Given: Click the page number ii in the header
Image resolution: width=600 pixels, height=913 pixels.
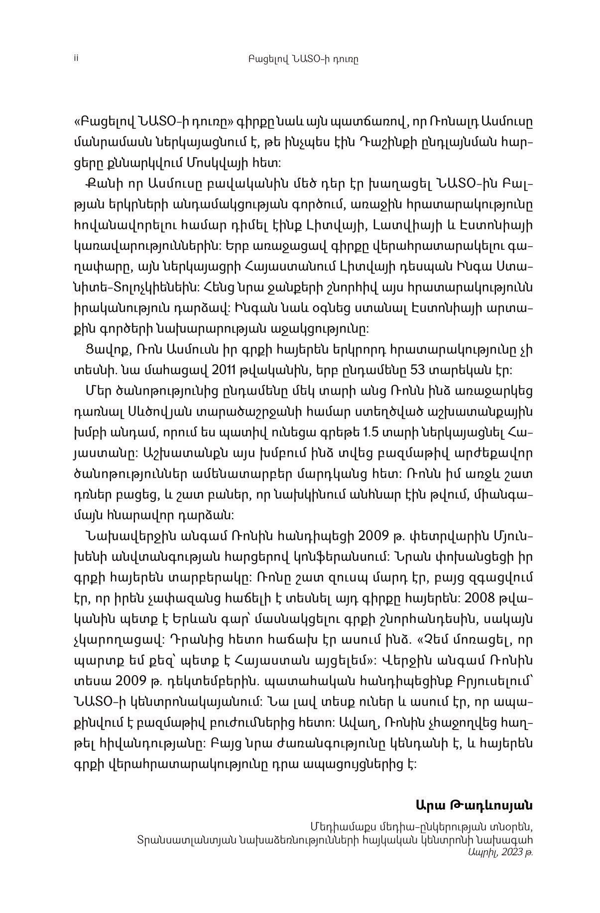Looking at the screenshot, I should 76,59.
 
